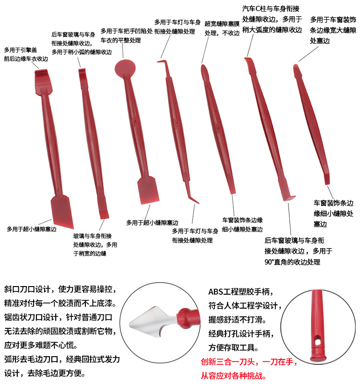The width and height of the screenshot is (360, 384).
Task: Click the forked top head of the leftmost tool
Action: tap(42, 77)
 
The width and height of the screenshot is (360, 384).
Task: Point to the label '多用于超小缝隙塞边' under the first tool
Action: tap(32, 229)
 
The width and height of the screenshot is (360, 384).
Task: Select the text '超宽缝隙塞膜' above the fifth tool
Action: tap(222, 23)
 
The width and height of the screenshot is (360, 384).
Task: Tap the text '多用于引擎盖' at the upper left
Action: tap(20, 49)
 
